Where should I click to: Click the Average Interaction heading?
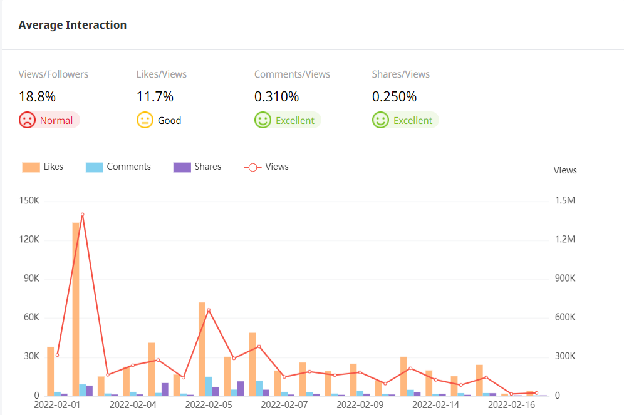click(x=73, y=25)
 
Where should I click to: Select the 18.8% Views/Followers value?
click(x=37, y=97)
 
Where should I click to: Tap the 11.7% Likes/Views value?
click(x=155, y=97)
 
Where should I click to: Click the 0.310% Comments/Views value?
click(x=276, y=97)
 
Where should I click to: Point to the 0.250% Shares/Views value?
click(x=394, y=97)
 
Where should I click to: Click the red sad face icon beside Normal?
click(x=27, y=120)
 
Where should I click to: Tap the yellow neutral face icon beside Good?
click(x=145, y=120)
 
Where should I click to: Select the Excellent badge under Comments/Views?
click(x=288, y=120)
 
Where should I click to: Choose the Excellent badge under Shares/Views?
click(x=405, y=120)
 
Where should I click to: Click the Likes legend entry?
click(x=43, y=167)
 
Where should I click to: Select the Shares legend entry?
click(x=197, y=167)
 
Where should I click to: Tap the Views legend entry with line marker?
click(x=266, y=167)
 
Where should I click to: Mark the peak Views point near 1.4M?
click(x=82, y=215)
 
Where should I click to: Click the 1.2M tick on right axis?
click(x=565, y=240)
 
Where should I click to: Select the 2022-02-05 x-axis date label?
click(x=209, y=405)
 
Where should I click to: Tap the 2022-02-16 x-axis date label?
click(x=511, y=405)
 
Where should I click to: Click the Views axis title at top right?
click(x=565, y=170)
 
